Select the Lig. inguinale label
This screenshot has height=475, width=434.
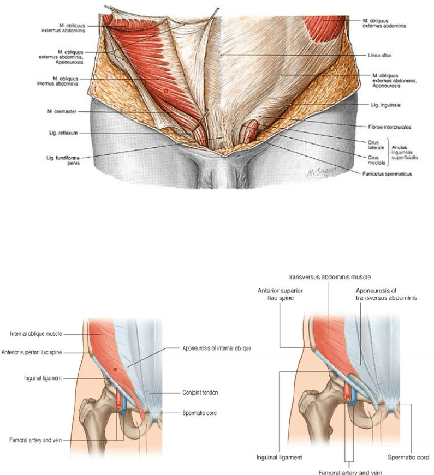pyautogui.click(x=381, y=104)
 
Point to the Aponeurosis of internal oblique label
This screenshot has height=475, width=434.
pyautogui.click(x=217, y=348)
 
